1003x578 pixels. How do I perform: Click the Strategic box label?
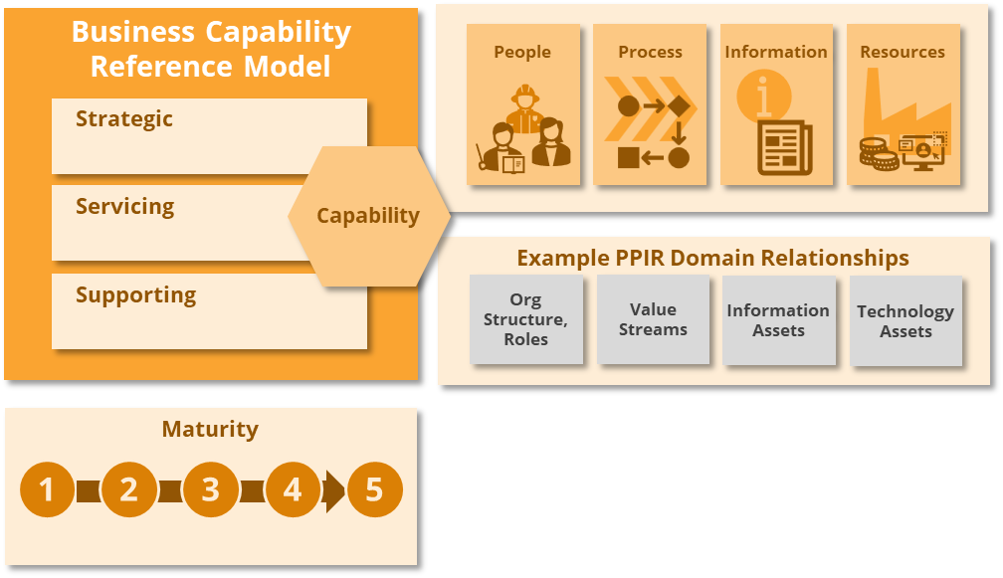(124, 119)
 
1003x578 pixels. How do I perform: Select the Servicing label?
(124, 207)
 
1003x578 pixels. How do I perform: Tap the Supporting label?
(135, 295)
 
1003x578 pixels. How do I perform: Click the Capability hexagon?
(368, 216)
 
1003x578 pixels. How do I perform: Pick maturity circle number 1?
(47, 489)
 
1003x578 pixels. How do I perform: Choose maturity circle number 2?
(128, 489)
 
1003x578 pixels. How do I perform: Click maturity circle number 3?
(210, 489)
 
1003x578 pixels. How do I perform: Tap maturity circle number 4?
(292, 489)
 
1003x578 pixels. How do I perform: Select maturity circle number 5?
(374, 489)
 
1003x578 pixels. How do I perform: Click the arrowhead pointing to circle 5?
(335, 490)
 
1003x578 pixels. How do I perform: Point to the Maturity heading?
(210, 430)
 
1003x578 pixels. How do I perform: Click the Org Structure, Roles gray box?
(525, 319)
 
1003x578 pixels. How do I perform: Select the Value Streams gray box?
(653, 319)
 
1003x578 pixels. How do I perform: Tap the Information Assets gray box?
(778, 320)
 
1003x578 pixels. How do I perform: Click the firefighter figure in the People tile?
(523, 107)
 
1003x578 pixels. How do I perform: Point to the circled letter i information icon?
(763, 97)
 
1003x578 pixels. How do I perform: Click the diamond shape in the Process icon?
(679, 105)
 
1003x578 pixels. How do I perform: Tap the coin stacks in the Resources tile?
(879, 154)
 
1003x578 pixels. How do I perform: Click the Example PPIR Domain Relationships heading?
(712, 259)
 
